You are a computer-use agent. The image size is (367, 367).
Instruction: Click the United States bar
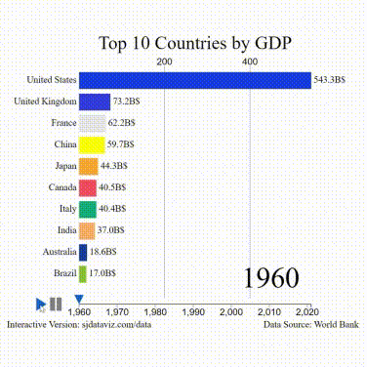click(x=194, y=80)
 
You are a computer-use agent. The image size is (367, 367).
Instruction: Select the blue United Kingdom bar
click(x=95, y=102)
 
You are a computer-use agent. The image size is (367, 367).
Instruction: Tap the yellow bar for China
click(x=91, y=144)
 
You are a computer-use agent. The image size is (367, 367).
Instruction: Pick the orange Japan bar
click(x=88, y=166)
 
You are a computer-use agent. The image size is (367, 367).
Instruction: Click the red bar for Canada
click(x=87, y=187)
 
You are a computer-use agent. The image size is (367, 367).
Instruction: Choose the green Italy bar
click(x=87, y=209)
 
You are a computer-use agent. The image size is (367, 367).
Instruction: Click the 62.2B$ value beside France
click(x=122, y=123)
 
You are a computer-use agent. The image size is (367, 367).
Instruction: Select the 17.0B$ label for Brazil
click(x=102, y=273)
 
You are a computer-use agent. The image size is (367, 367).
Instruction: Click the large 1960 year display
click(x=270, y=277)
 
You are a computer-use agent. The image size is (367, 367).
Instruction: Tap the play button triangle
click(x=40, y=305)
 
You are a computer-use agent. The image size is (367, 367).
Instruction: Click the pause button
click(x=57, y=305)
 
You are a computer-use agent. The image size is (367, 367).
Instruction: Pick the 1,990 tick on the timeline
click(x=193, y=311)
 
